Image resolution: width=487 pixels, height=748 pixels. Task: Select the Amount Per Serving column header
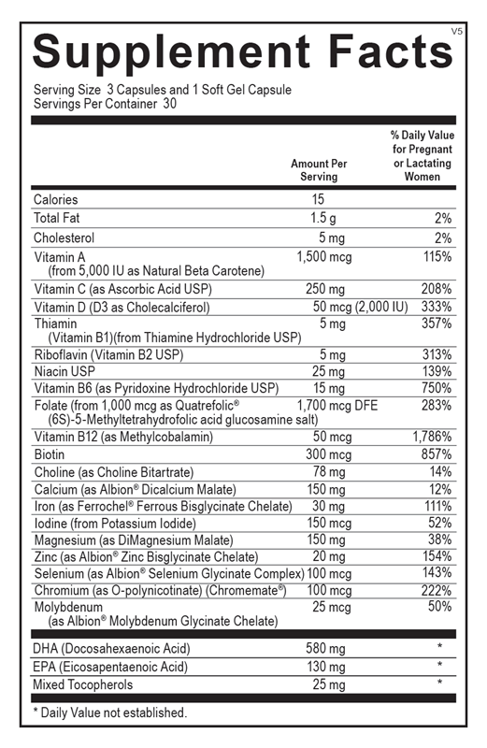pos(319,170)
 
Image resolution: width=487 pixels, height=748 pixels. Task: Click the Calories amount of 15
pos(319,199)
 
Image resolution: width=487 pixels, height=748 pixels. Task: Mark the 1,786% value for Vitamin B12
pos(433,437)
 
